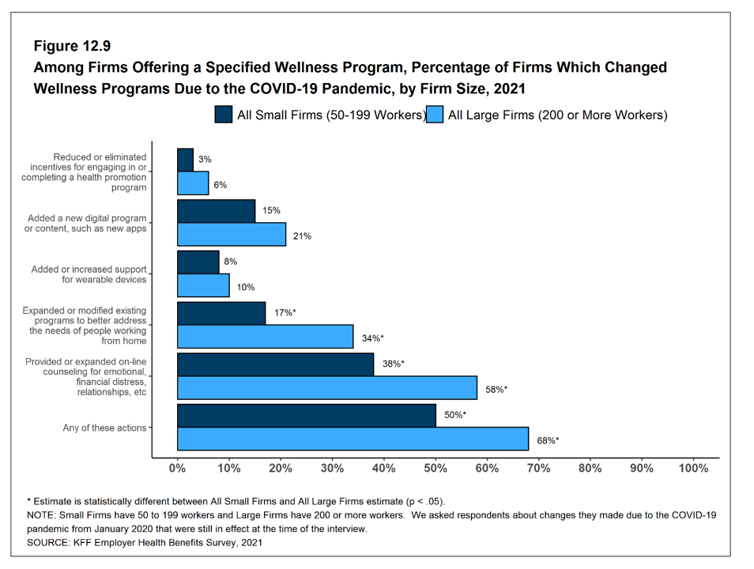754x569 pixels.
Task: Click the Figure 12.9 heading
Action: coord(77,47)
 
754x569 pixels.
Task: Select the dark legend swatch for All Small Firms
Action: coord(224,115)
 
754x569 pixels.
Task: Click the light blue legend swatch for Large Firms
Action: coord(435,115)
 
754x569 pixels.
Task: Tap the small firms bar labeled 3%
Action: coord(185,160)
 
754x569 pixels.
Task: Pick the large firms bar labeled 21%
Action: coord(232,235)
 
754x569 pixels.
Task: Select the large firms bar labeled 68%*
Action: coord(352,439)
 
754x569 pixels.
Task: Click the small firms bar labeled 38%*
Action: coord(275,364)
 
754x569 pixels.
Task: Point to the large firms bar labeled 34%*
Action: coord(265,337)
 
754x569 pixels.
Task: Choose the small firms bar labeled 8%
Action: coord(198,262)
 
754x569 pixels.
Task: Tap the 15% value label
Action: coord(271,210)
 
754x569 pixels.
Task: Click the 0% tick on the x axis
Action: coord(178,468)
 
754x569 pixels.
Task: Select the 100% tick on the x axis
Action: coord(693,468)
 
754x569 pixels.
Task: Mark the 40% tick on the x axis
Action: coord(384,468)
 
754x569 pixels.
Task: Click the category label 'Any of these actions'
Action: coord(104,428)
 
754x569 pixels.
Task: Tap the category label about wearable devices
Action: coord(89,274)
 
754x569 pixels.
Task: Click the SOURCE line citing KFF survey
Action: coord(145,543)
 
